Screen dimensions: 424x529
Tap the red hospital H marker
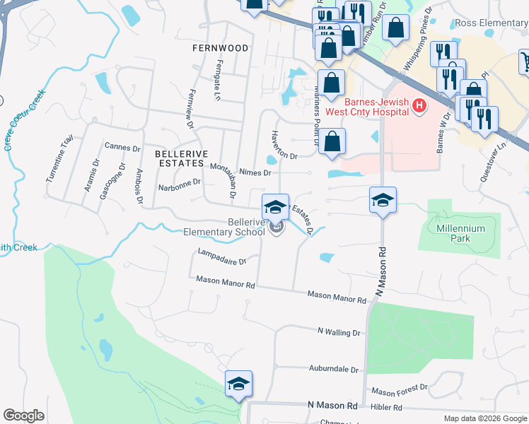(419, 107)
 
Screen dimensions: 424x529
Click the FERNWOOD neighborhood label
(220, 48)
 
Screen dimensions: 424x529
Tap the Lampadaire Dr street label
(222, 256)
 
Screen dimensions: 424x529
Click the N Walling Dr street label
(339, 331)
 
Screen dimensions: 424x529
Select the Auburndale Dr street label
(334, 369)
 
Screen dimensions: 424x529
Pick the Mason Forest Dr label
(400, 390)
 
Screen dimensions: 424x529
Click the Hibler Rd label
(388, 408)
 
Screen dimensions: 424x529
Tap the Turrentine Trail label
(59, 160)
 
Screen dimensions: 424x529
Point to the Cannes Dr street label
(122, 148)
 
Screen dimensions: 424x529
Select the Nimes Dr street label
(255, 172)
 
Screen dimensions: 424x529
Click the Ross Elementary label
(492, 23)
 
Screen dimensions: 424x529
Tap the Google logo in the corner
(23, 415)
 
